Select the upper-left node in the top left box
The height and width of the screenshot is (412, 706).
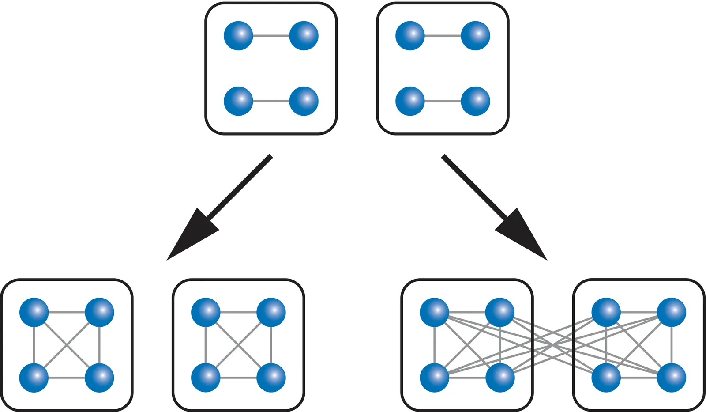tap(238, 36)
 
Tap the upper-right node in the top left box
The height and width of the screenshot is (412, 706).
tap(304, 36)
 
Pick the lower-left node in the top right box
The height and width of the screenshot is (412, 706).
tap(410, 101)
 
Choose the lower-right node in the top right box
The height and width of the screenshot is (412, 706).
tap(475, 101)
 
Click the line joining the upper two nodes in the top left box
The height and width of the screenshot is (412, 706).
tap(271, 36)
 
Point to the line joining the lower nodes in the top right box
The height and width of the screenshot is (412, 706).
tap(443, 101)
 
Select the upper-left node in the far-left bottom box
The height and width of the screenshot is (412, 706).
tap(34, 312)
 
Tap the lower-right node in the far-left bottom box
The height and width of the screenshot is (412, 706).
tap(99, 378)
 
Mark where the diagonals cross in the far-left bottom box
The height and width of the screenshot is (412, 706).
tap(67, 345)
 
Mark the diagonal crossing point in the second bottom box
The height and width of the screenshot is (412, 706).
tap(238, 345)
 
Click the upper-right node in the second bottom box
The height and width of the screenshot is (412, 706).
tap(271, 312)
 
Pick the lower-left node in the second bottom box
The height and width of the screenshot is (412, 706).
tap(206, 378)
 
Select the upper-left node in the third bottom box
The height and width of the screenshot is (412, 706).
tap(434, 312)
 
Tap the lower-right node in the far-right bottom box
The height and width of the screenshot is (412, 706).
tap(672, 378)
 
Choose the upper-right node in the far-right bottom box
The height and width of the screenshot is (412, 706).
tap(672, 312)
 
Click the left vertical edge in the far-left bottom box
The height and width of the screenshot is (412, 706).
tap(34, 345)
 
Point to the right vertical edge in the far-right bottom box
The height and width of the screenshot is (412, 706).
tap(672, 345)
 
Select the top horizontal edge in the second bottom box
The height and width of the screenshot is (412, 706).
tap(238, 312)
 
